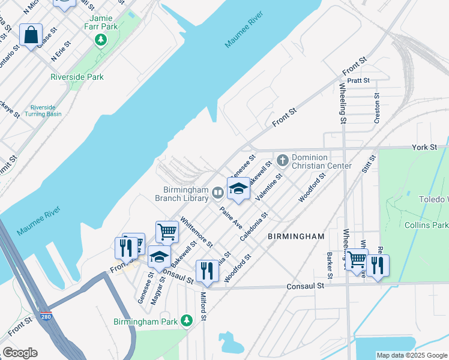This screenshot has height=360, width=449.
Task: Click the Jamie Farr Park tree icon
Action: (x=101, y=41)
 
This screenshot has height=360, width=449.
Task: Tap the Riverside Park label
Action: (x=77, y=77)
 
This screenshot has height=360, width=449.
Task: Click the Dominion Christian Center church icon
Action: (x=283, y=160)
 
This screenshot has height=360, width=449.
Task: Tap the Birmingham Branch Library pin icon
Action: (x=218, y=193)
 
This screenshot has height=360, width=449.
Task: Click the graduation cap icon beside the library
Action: (x=238, y=188)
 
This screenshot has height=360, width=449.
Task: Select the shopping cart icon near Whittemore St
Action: (x=167, y=232)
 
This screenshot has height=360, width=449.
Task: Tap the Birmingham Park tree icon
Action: (x=187, y=322)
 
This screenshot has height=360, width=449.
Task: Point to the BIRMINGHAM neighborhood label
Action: (x=296, y=236)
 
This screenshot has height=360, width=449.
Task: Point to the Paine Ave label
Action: (x=231, y=217)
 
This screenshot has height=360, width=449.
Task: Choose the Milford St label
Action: (x=203, y=306)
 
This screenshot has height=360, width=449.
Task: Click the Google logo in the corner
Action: (x=20, y=353)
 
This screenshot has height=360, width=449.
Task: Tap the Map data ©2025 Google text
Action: (x=411, y=355)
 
